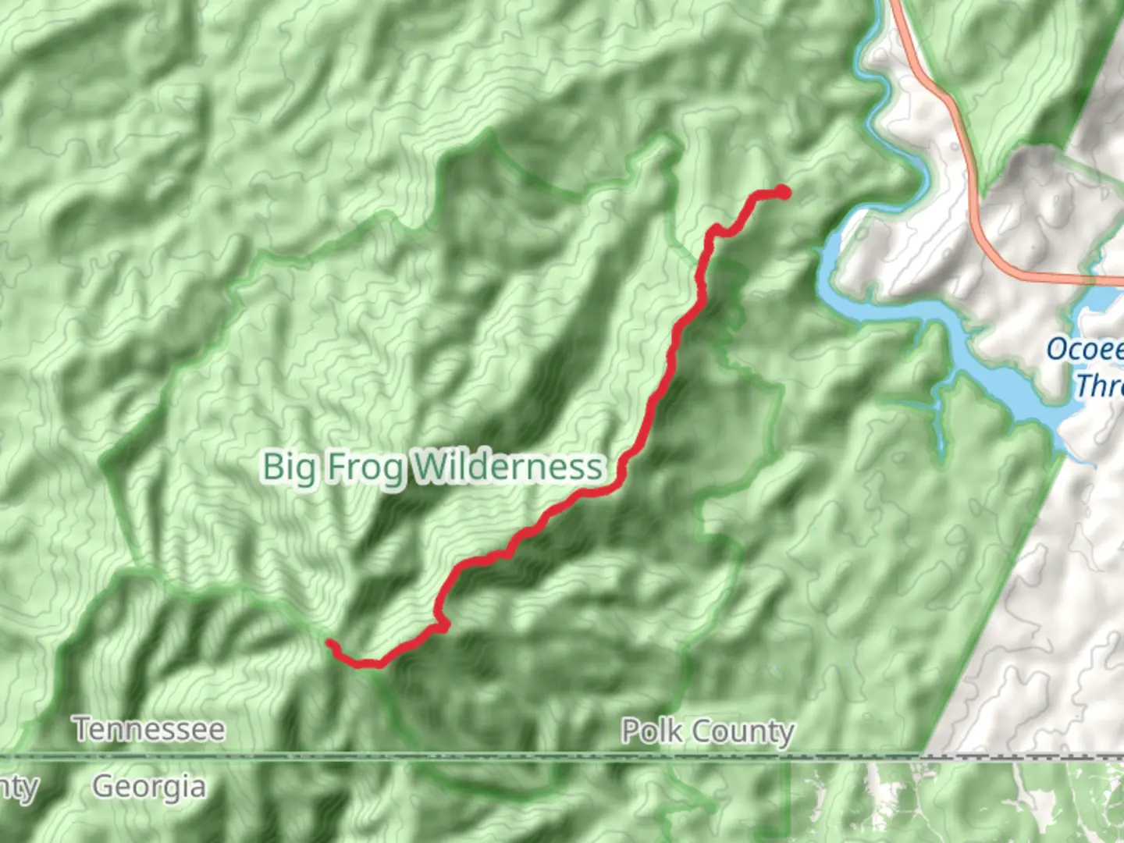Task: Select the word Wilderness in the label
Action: tap(507, 467)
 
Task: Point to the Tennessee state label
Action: tap(150, 730)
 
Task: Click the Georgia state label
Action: tap(149, 786)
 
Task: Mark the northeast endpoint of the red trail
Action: tap(783, 193)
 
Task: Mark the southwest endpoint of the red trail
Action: tap(331, 644)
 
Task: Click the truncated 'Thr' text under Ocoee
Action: tap(1099, 385)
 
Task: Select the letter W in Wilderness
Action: tap(429, 467)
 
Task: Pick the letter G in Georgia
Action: tap(105, 786)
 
